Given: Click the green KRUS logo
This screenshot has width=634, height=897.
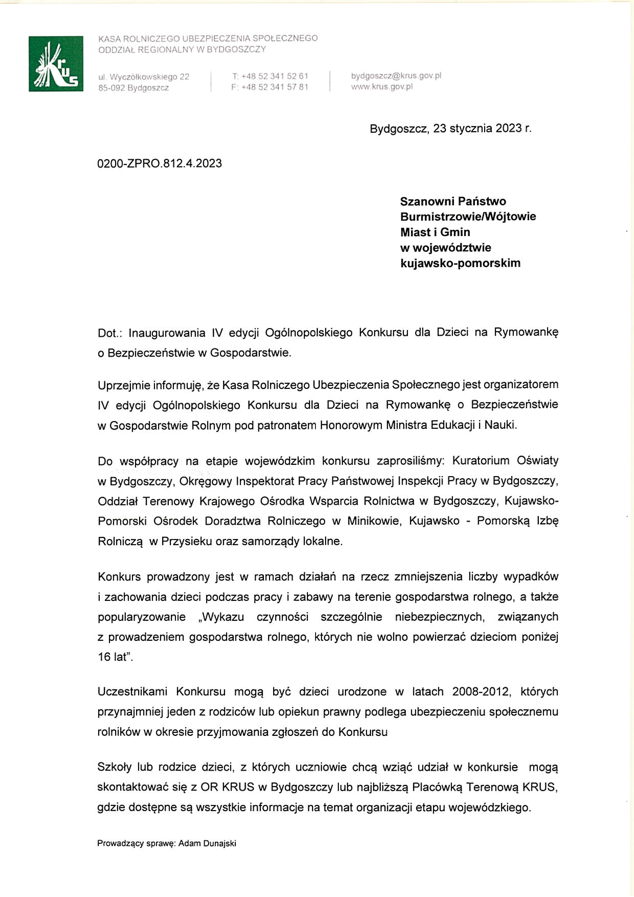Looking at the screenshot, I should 56,64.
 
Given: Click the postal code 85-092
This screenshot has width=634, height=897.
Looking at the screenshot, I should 111,88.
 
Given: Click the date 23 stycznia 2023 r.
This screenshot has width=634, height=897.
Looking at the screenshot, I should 482,129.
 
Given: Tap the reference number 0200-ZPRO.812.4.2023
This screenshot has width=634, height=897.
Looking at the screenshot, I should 159,163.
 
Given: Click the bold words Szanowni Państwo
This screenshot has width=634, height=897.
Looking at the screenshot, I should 453,201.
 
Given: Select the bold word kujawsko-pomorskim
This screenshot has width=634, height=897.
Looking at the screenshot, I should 460,263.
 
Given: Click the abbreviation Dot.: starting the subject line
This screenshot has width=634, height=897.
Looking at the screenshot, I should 108,333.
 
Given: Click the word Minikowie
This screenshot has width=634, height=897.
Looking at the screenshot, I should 374,521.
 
